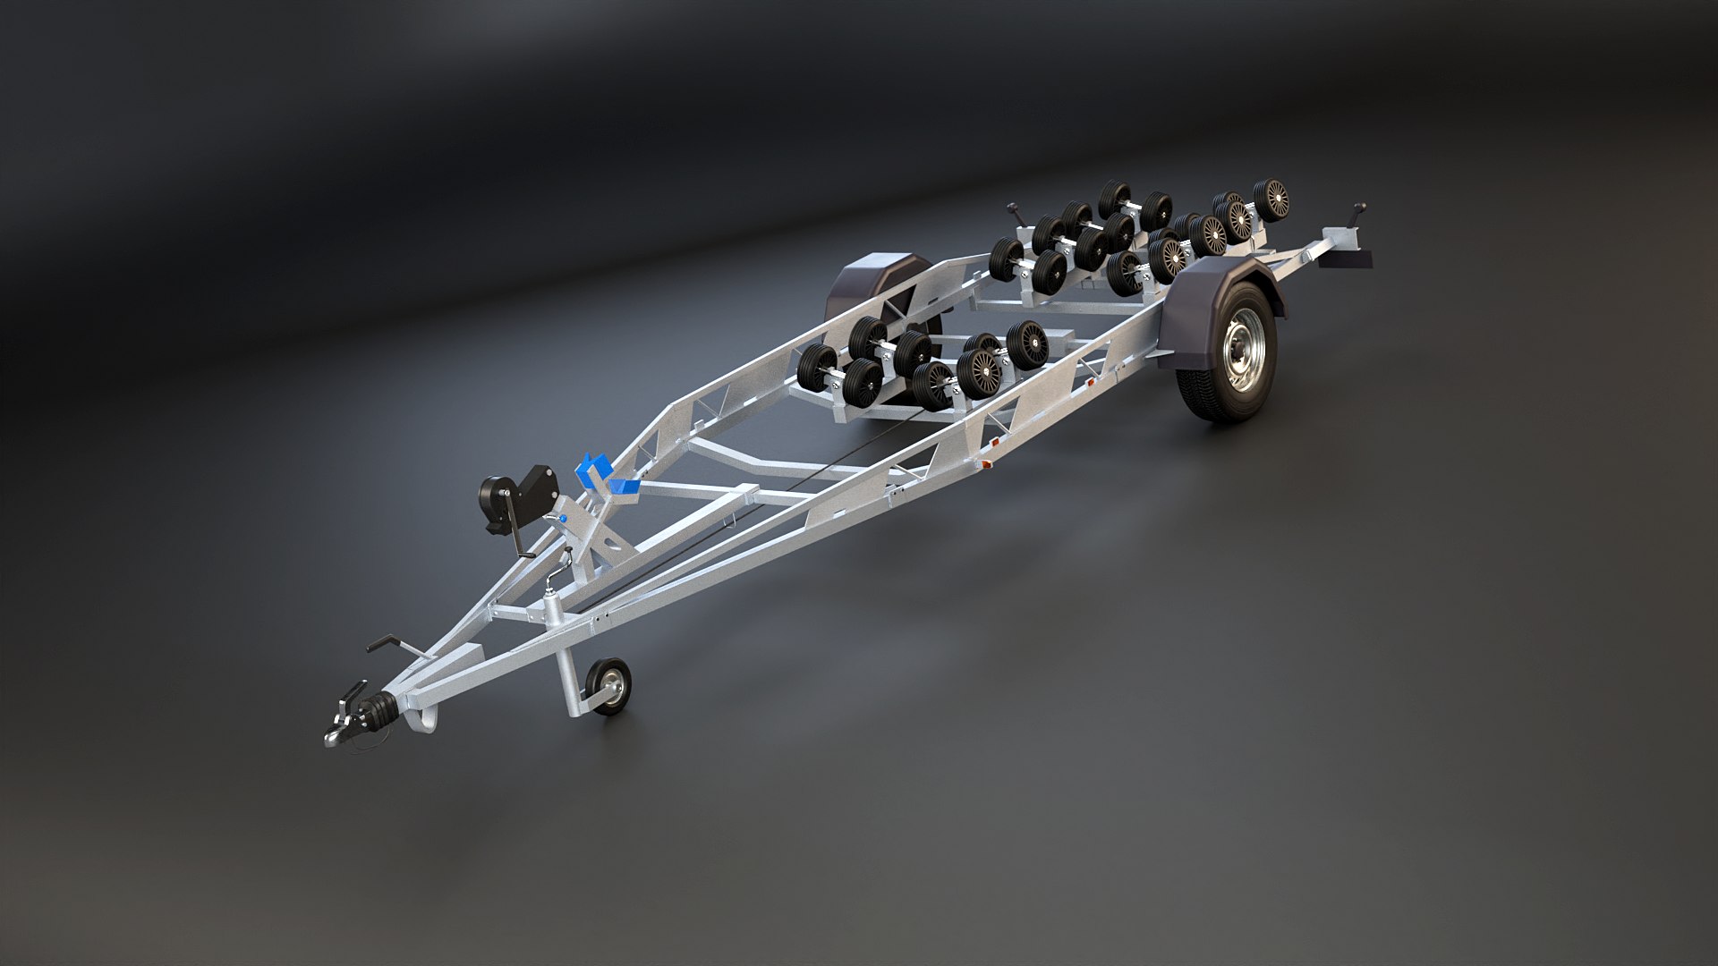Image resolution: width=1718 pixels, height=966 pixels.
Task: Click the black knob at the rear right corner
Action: (1359, 213)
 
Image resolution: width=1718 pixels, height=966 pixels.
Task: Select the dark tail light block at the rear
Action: (1349, 258)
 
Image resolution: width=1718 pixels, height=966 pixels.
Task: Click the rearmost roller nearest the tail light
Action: (1271, 199)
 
